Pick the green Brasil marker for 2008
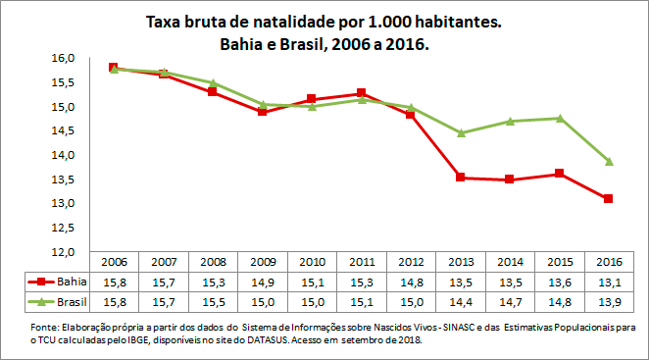click(212, 83)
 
